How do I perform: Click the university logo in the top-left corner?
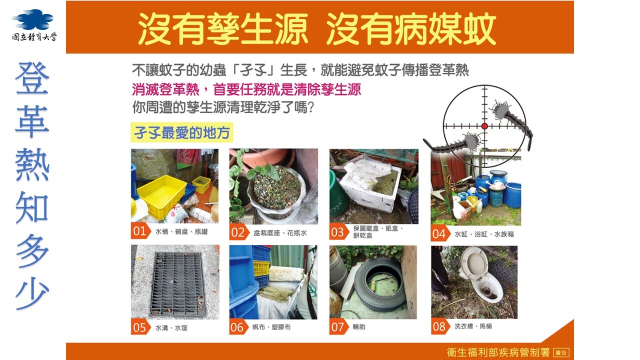click(x=34, y=25)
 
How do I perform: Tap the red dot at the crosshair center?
click(x=484, y=126)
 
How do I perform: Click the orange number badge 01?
click(x=140, y=231)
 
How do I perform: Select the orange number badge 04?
click(x=440, y=234)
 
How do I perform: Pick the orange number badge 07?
click(x=339, y=327)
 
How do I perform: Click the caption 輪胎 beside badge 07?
click(x=359, y=326)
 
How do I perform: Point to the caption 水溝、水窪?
click(x=171, y=327)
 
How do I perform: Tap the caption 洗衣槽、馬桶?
click(x=473, y=326)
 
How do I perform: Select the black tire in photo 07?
click(x=379, y=285)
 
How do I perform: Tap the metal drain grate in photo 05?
click(x=178, y=283)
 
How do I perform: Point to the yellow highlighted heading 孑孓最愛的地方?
click(x=181, y=132)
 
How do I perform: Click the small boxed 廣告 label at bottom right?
click(x=561, y=352)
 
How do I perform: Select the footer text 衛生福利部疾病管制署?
click(x=498, y=352)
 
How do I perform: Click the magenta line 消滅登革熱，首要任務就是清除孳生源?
click(x=246, y=89)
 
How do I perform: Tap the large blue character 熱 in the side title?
click(x=32, y=165)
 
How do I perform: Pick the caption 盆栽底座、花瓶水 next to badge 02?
click(x=280, y=233)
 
